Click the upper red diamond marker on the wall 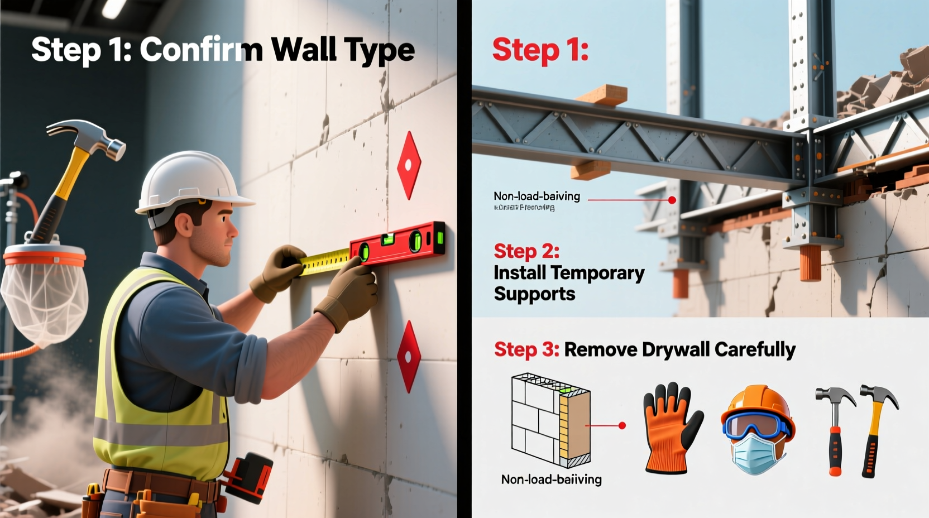click(409, 165)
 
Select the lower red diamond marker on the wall click(409, 356)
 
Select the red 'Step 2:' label click(526, 251)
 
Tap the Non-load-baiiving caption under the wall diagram click(551, 479)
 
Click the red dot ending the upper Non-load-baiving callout click(672, 200)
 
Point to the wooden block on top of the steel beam click(602, 95)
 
